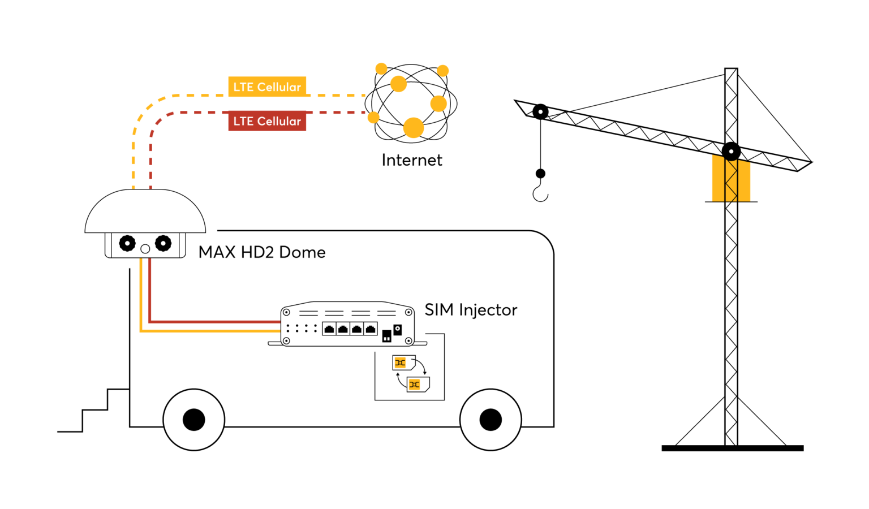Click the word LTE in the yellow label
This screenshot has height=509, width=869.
point(243,87)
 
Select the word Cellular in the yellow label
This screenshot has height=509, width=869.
point(279,87)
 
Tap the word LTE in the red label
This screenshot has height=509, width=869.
point(243,122)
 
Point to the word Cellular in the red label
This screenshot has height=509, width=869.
point(279,122)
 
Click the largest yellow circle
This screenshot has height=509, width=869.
point(414,128)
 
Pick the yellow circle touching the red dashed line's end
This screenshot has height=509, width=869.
point(373,117)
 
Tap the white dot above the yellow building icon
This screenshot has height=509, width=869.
point(731,152)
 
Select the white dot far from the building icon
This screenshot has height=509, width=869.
point(540,112)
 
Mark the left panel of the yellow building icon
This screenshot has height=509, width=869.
point(718,178)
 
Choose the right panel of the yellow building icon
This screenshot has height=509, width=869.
point(745,181)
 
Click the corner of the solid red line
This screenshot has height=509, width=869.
point(150,322)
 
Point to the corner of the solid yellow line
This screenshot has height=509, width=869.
point(141,331)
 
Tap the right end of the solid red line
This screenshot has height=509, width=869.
point(279,322)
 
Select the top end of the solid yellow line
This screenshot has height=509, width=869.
point(141,260)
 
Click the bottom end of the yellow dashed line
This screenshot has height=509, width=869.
point(134,187)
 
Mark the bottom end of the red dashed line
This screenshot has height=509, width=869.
point(150,187)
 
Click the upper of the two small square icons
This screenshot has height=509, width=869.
point(400,363)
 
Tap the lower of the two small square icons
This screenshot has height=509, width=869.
point(414,385)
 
